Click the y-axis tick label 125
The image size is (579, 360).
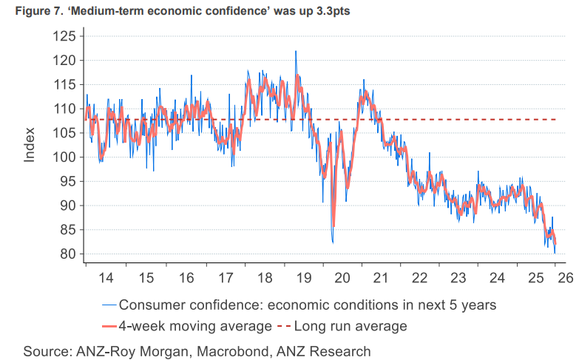64,36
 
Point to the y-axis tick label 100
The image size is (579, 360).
64,157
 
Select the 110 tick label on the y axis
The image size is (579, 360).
64,109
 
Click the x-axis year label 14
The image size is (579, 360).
106,279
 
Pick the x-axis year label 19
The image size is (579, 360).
302,279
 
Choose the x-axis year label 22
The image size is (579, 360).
421,279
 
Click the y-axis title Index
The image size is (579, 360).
30,145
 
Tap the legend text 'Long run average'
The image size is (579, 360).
351,325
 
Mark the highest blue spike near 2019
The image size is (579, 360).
296,51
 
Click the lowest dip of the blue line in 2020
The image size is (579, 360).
333,242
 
